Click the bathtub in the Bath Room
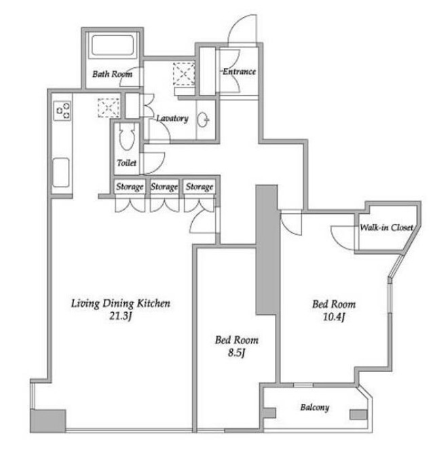[113, 45]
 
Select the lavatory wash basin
[203, 119]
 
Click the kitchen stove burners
[63, 110]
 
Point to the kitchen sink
[61, 172]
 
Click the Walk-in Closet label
[387, 227]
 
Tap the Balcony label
[315, 407]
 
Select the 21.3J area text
[121, 316]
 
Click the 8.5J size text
[237, 353]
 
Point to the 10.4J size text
[334, 317]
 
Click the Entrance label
[239, 71]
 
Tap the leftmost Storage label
[130, 187]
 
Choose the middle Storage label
[164, 187]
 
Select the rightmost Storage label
[200, 187]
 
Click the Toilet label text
[126, 163]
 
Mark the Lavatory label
[172, 118]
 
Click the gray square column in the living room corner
[48, 421]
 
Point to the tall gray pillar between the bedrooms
[267, 250]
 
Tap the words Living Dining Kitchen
[121, 303]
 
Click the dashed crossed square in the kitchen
[109, 108]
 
